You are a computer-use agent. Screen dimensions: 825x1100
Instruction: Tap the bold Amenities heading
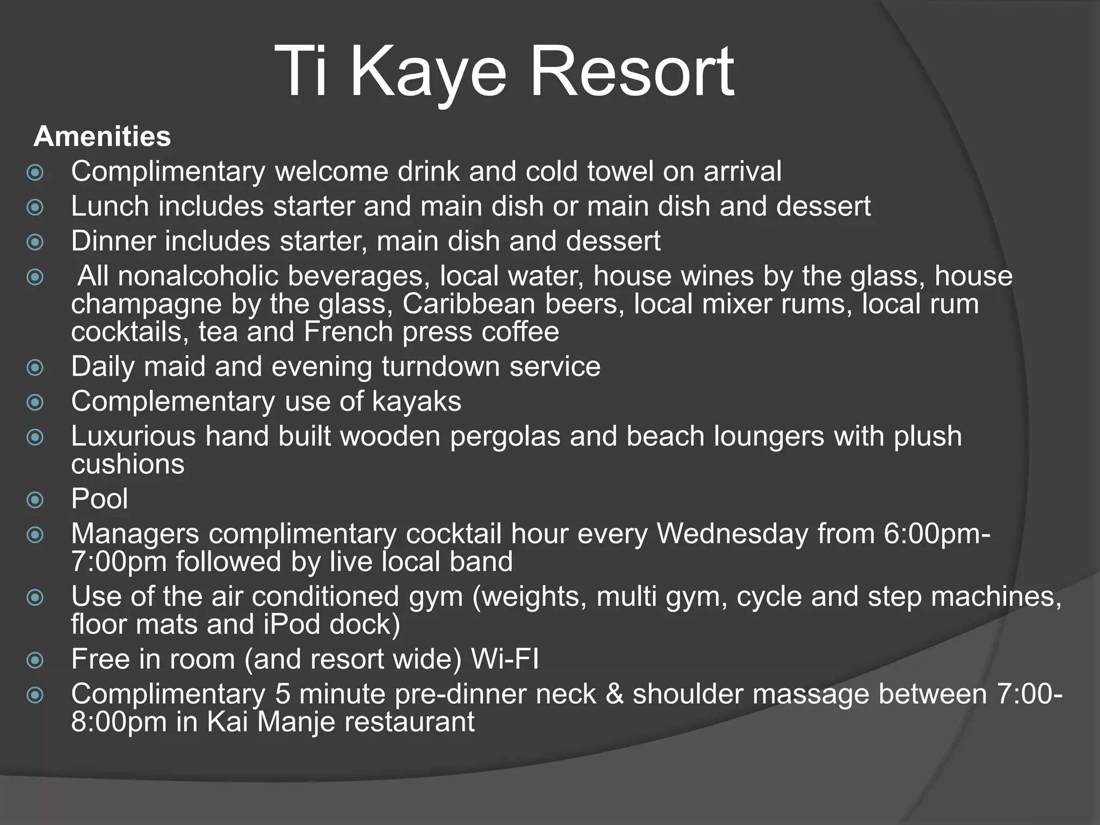tap(102, 136)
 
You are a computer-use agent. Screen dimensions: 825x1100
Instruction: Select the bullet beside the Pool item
tap(35, 500)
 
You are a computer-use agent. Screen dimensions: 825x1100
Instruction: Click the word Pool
tap(99, 498)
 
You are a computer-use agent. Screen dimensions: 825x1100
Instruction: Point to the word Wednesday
tap(733, 534)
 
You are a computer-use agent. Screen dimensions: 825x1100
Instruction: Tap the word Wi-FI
tap(504, 659)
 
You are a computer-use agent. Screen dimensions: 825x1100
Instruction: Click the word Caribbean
tap(469, 304)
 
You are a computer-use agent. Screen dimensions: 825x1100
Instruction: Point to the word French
tap(349, 332)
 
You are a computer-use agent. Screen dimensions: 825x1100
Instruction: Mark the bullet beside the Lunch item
tap(35, 207)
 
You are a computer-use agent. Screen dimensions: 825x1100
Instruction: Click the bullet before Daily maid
tap(35, 368)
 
